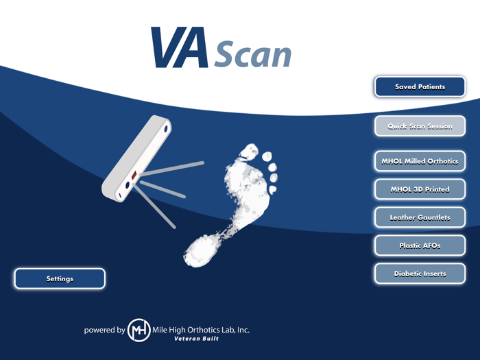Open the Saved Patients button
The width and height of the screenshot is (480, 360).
(x=420, y=87)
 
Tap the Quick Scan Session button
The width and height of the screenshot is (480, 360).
(x=420, y=127)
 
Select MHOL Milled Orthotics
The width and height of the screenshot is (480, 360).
(x=420, y=162)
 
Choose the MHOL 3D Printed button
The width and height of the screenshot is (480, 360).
(x=420, y=189)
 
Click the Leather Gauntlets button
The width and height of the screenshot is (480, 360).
(x=420, y=217)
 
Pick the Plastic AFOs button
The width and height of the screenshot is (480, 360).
(x=420, y=245)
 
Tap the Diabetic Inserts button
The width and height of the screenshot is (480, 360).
(x=420, y=274)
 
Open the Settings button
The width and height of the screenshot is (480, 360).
(x=60, y=278)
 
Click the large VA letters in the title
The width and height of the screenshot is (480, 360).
(x=180, y=48)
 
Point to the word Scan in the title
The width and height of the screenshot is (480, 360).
(x=253, y=54)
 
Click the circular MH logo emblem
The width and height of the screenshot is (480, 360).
(x=139, y=330)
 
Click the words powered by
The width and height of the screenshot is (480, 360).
(x=104, y=330)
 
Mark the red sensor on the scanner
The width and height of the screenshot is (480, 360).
(x=134, y=174)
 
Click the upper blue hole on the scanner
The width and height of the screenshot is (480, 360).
(x=166, y=128)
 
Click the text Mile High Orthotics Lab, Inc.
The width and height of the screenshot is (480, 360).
(x=205, y=329)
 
